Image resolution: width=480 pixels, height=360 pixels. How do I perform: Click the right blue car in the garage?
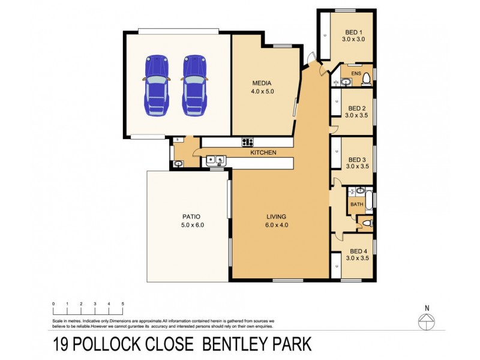click(195, 86)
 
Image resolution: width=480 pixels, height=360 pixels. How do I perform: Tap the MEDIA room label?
click(262, 83)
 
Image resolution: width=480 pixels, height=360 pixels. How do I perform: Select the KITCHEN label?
click(263, 153)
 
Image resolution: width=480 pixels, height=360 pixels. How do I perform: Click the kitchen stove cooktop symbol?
click(247, 142)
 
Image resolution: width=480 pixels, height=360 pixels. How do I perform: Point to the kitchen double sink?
click(215, 160)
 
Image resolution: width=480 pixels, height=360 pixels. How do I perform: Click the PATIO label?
click(191, 217)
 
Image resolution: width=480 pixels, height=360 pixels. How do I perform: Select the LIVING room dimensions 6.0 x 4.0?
click(277, 226)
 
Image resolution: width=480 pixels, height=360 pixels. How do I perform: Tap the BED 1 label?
click(354, 32)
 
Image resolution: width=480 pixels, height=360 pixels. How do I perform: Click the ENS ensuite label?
click(356, 73)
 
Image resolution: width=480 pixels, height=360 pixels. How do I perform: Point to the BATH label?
click(356, 205)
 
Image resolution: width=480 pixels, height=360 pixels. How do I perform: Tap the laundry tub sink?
click(178, 163)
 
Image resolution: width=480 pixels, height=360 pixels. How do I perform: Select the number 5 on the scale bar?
click(122, 304)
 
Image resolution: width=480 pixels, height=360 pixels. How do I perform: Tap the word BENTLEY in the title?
click(234, 344)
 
